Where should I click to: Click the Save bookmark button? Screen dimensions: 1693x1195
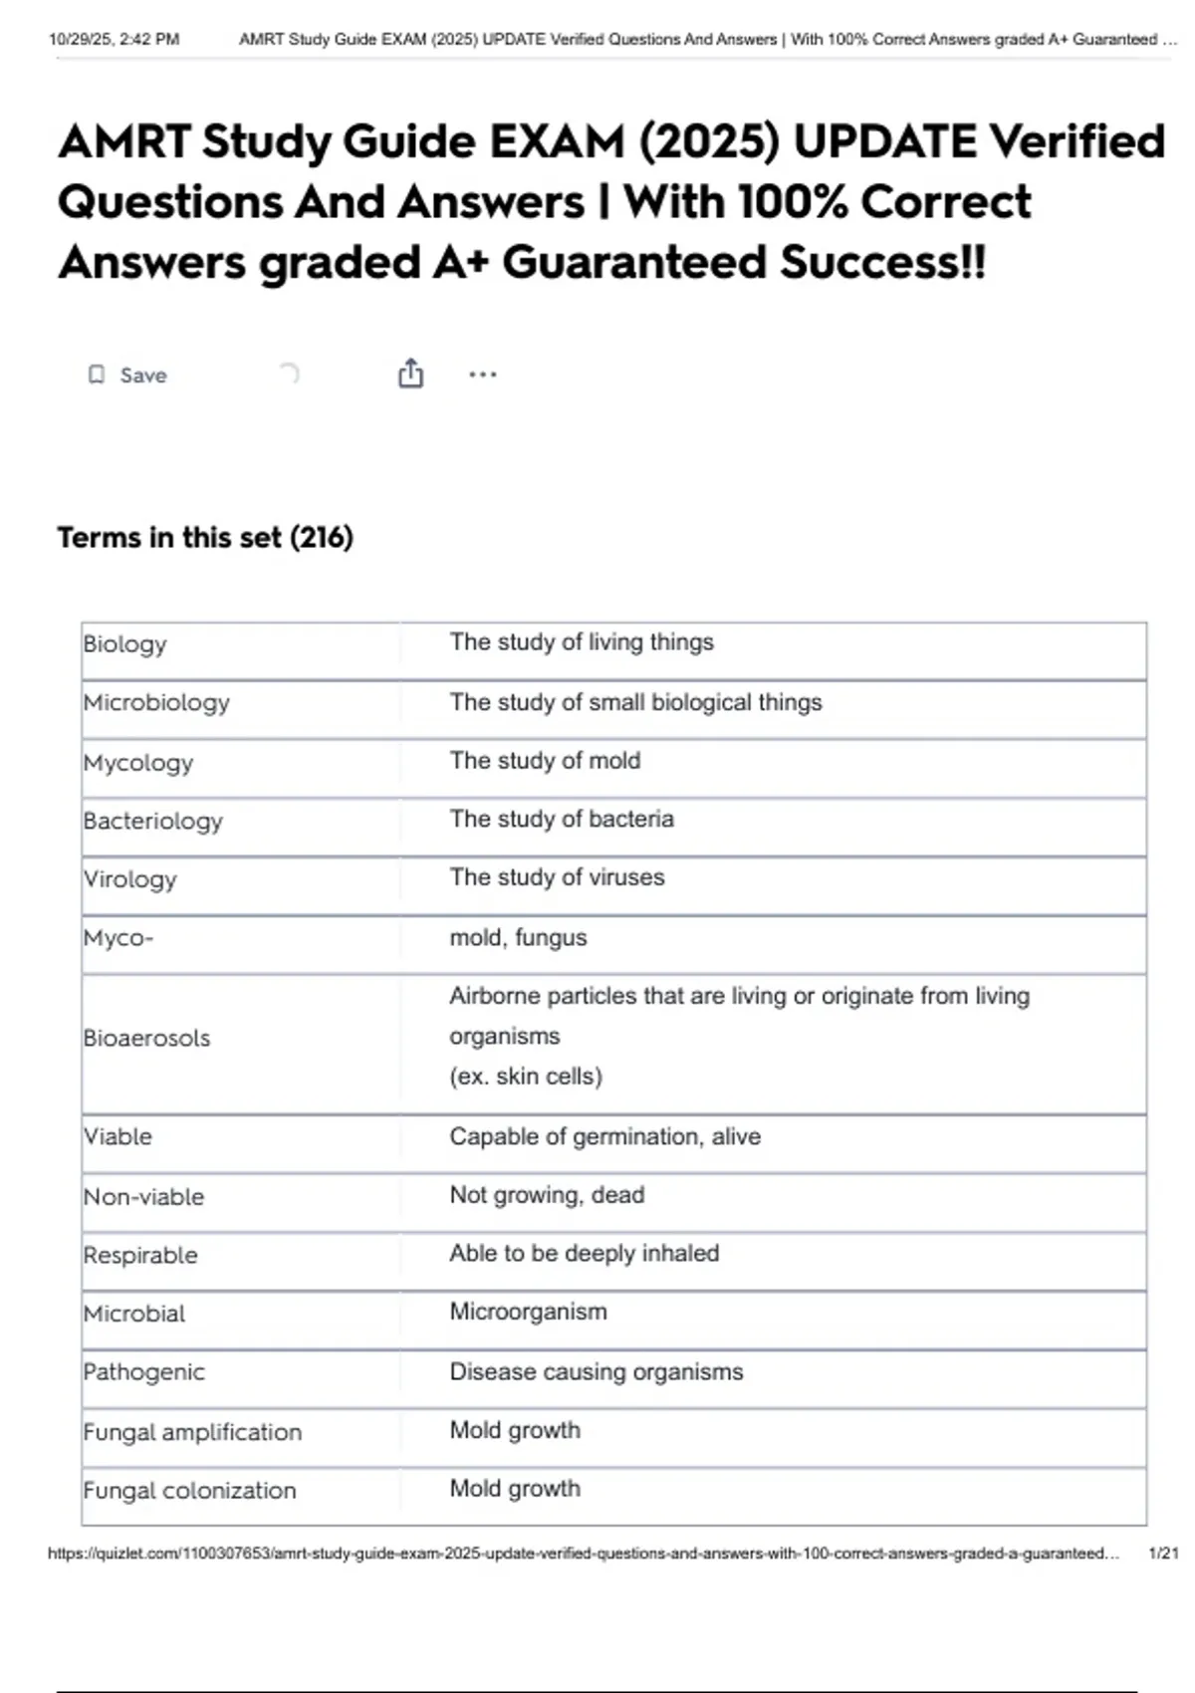pyautogui.click(x=127, y=375)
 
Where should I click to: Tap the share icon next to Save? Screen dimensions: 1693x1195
pyautogui.click(x=410, y=373)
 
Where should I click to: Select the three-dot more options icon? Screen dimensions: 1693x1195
pyautogui.click(x=483, y=374)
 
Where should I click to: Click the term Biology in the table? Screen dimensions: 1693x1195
pyautogui.click(x=124, y=644)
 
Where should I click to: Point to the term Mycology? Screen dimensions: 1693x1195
pyautogui.click(x=138, y=763)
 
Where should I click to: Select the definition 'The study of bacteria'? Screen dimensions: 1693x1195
pyautogui.click(x=562, y=819)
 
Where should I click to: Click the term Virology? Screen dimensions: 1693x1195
pyautogui.click(x=130, y=879)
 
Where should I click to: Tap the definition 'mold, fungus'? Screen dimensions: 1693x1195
pyautogui.click(x=518, y=937)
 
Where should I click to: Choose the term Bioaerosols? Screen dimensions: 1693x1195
pyautogui.click(x=147, y=1038)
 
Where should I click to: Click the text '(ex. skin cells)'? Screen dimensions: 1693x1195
pyautogui.click(x=526, y=1077)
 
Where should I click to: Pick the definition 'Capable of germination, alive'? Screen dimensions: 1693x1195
pyautogui.click(x=604, y=1136)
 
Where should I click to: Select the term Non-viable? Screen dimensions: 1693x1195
pyautogui.click(x=144, y=1196)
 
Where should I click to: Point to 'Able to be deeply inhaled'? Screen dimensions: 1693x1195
pyautogui.click(x=584, y=1253)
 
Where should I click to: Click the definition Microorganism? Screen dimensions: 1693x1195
pyautogui.click(x=528, y=1312)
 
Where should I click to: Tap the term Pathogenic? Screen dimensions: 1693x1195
pyautogui.click(x=144, y=1372)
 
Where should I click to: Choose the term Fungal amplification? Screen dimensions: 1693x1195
pyautogui.click(x=192, y=1432)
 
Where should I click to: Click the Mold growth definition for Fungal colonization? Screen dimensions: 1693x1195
pyautogui.click(x=515, y=1488)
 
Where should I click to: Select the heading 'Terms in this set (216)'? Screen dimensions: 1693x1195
pyautogui.click(x=205, y=538)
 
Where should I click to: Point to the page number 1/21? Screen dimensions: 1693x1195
pyautogui.click(x=1163, y=1553)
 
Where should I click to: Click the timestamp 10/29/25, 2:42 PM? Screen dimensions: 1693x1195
pyautogui.click(x=115, y=40)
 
